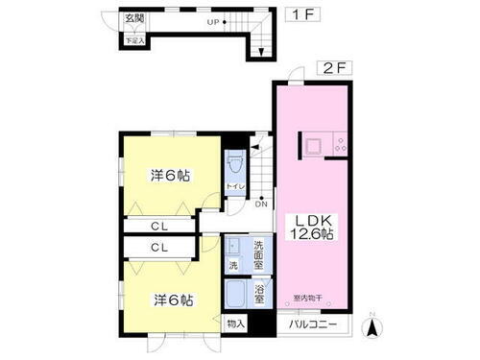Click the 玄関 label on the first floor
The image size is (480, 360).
(x=133, y=19)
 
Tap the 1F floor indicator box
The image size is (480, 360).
(x=298, y=17)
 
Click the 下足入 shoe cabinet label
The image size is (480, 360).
(x=132, y=40)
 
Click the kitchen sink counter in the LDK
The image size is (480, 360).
(x=317, y=146)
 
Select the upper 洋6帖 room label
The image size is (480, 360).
(x=170, y=176)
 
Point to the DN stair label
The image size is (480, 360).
(x=260, y=203)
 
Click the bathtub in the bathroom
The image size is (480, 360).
(x=237, y=292)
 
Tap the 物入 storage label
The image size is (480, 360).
(x=235, y=324)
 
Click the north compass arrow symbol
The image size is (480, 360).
(x=372, y=328)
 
